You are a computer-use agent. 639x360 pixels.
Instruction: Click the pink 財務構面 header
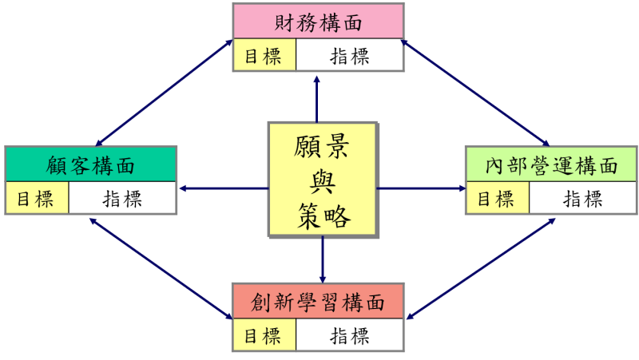click(x=318, y=22)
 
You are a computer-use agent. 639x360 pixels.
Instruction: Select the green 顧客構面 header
click(x=90, y=165)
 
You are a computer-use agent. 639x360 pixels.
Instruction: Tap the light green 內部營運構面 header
click(x=551, y=165)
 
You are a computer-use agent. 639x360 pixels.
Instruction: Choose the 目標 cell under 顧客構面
click(x=37, y=198)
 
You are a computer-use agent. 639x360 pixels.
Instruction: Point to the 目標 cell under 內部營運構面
click(x=497, y=198)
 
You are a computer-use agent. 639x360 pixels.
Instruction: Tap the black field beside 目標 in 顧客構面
click(x=121, y=198)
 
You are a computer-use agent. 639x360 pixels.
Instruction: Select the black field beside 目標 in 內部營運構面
click(x=581, y=198)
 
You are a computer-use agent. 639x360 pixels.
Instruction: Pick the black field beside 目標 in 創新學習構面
click(x=348, y=336)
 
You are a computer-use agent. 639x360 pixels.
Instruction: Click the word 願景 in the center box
click(x=322, y=149)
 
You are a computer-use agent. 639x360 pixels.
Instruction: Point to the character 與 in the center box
click(x=322, y=182)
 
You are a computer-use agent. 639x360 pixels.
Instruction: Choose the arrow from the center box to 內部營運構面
click(x=422, y=188)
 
